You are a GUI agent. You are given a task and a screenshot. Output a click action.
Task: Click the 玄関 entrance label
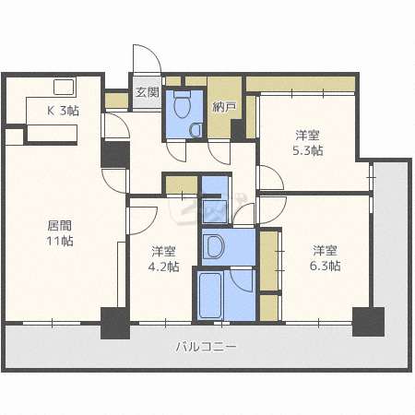pyautogui.click(x=148, y=92)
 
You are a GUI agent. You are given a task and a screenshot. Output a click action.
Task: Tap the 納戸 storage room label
pyautogui.click(x=224, y=107)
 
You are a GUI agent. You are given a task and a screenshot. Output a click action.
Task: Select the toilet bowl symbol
pyautogui.click(x=183, y=104)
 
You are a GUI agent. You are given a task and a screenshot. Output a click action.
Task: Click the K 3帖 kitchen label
pyautogui.click(x=63, y=111)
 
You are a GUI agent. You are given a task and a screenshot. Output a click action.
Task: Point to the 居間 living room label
pyautogui.click(x=60, y=226)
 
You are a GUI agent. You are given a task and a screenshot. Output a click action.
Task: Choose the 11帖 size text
pyautogui.click(x=60, y=241)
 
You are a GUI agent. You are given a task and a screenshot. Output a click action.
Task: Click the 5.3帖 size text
pyautogui.click(x=308, y=150)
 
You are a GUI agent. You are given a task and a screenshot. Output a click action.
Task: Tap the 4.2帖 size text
pyautogui.click(x=163, y=267)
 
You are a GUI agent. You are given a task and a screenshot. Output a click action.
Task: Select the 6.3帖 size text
pyautogui.click(x=325, y=266)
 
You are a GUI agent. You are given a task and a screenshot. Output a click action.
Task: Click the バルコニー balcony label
pyautogui.click(x=207, y=347)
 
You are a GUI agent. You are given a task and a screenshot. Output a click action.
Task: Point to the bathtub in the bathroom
pyautogui.click(x=210, y=295)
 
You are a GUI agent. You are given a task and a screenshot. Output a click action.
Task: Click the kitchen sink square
pyautogui.click(x=64, y=87)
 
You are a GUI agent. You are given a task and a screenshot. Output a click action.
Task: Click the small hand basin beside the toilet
pyautogui.click(x=196, y=130)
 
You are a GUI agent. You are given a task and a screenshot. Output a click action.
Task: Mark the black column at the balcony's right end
pyautogui.click(x=368, y=322)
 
